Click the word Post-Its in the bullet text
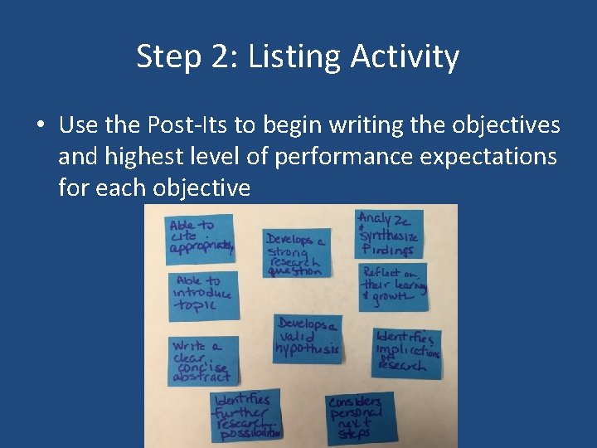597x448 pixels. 187,125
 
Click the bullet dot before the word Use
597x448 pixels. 40,126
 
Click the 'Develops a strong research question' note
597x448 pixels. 297,253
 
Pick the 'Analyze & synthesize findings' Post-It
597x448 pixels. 389,234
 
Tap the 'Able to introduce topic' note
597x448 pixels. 202,294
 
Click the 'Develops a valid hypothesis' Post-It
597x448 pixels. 308,338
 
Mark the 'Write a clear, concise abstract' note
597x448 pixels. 201,361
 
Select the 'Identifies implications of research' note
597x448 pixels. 407,351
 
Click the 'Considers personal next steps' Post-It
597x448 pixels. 360,417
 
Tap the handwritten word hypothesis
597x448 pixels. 308,349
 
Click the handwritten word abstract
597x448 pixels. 201,377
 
